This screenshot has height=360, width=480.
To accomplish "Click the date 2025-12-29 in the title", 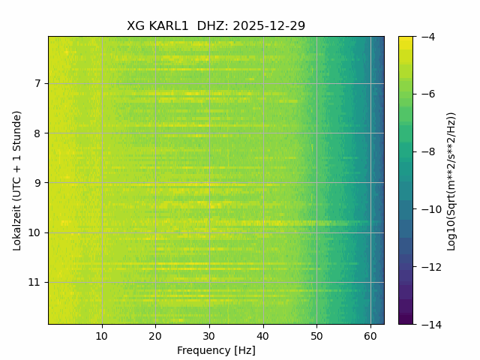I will (x=268, y=26).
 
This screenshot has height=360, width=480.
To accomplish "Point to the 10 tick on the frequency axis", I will (x=102, y=335).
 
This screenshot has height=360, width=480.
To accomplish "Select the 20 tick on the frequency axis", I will (x=155, y=335).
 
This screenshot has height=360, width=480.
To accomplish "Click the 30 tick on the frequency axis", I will (x=209, y=335).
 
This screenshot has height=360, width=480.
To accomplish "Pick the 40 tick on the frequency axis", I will (x=262, y=335).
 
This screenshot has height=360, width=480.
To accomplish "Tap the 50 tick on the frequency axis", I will (x=316, y=335).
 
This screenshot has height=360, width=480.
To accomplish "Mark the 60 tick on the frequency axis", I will (x=370, y=335).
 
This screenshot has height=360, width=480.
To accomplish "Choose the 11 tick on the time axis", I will (x=37, y=283).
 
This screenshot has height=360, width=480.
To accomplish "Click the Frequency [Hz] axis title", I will (x=216, y=350).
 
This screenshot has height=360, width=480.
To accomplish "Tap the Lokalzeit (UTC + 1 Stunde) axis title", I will (x=16, y=180).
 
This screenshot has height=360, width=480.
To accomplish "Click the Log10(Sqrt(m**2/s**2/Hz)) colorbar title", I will (x=451, y=180).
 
